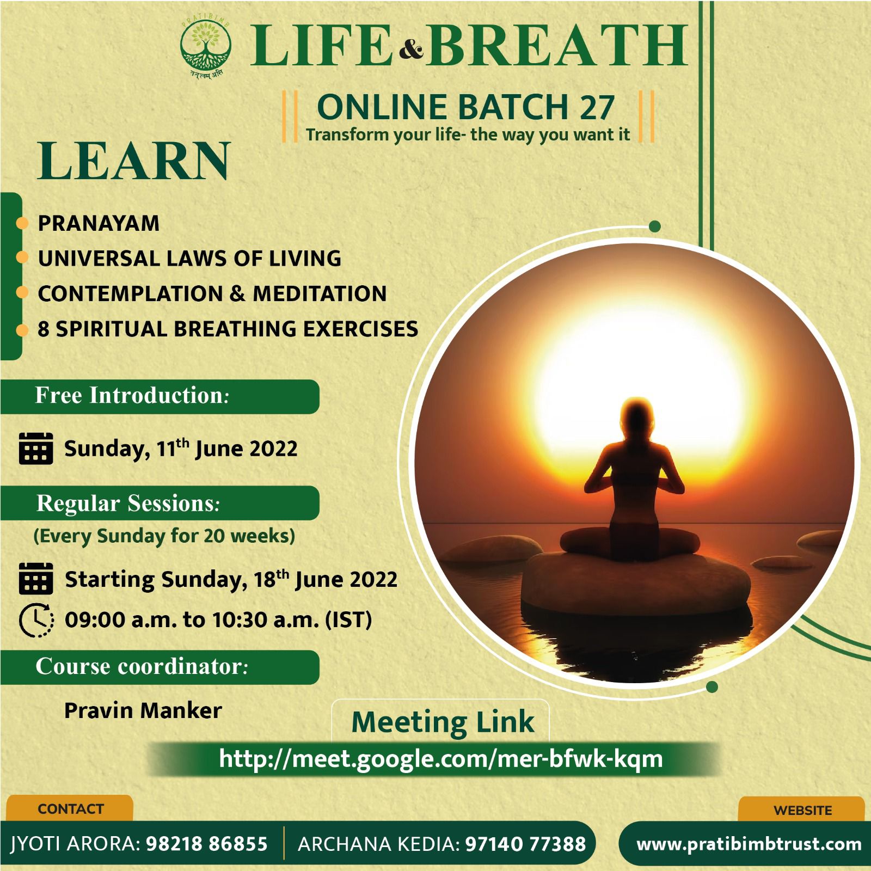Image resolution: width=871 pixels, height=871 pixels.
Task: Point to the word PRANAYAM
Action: point(99,223)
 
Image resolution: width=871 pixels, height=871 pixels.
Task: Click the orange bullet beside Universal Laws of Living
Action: point(22,258)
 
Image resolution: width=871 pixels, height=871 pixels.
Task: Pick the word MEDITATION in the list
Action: point(320,293)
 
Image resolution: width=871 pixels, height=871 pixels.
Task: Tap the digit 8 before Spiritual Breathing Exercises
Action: point(44,329)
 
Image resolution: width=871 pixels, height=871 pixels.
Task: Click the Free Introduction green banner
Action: point(160,396)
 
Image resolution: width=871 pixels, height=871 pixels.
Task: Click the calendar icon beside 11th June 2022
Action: point(36,448)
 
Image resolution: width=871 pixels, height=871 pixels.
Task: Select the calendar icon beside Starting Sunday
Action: point(36,578)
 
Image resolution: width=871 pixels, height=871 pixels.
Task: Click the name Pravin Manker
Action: point(143,710)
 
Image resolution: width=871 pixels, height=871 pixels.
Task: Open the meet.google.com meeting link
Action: point(441,758)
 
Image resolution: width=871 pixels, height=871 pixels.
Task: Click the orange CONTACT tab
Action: point(70,808)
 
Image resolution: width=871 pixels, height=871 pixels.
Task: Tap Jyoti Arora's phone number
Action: point(207,844)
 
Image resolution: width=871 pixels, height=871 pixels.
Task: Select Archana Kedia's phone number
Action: point(526,844)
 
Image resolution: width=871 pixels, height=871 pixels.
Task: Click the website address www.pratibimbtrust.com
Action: point(749,844)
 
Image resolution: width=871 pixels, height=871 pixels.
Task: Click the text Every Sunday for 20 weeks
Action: point(164,536)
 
